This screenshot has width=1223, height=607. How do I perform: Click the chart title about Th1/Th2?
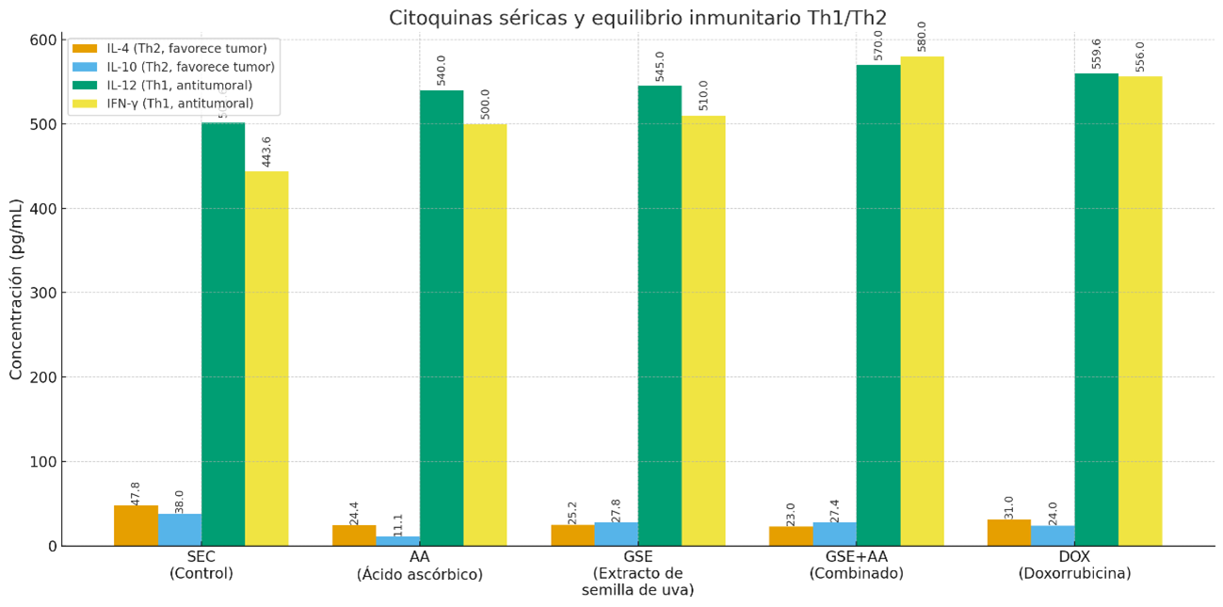click(x=637, y=18)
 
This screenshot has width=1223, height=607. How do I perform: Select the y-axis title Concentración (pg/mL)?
click(x=16, y=289)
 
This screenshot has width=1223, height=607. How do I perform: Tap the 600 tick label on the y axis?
click(x=43, y=40)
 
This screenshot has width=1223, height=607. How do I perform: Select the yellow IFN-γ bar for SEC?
click(x=266, y=358)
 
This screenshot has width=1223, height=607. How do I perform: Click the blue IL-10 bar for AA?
click(x=397, y=541)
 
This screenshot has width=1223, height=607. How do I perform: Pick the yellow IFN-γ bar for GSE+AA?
click(x=922, y=301)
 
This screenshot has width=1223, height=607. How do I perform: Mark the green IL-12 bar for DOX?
click(x=1096, y=310)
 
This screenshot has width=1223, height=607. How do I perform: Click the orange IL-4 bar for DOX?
click(x=1008, y=533)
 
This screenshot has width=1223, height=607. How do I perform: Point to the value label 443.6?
click(x=266, y=152)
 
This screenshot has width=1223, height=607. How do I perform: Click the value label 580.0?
click(x=922, y=36)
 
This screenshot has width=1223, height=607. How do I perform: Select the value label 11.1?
click(x=398, y=523)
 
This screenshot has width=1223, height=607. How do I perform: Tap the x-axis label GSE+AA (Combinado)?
click(x=856, y=565)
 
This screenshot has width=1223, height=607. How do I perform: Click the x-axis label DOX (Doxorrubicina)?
click(x=1074, y=565)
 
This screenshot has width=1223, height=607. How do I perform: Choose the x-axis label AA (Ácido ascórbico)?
click(x=420, y=566)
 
